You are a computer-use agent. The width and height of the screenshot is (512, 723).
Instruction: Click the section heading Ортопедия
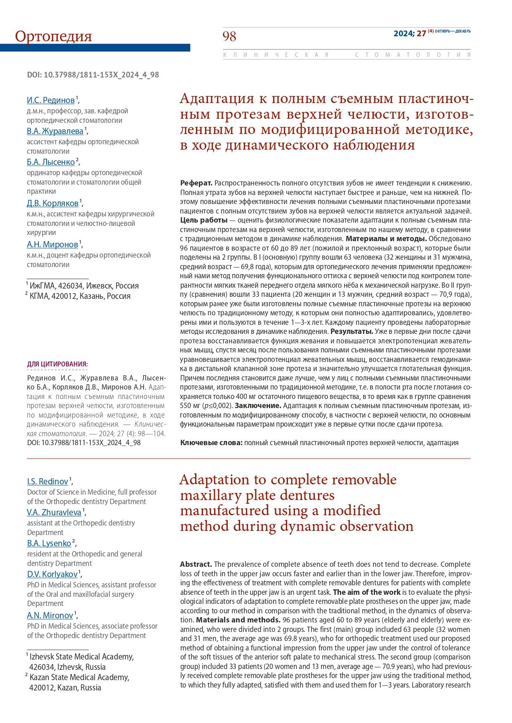[x=53, y=36]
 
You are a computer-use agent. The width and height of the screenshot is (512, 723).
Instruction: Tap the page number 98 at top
[x=229, y=37]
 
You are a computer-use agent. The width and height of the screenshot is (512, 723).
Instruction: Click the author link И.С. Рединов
[x=51, y=100]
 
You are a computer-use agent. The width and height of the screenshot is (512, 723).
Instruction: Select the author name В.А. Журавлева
[x=55, y=131]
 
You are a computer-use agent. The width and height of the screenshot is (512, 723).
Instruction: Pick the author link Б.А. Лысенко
[x=51, y=162]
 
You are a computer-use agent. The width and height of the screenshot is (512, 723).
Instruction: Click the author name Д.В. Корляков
[x=52, y=203]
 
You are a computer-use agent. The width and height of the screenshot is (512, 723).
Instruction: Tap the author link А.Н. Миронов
[x=52, y=244]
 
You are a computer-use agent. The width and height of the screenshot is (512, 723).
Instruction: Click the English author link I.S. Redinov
[x=47, y=481]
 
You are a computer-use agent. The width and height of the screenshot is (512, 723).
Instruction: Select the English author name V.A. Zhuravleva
[x=54, y=512]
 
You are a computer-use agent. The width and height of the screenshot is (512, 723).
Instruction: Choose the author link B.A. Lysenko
[x=49, y=543]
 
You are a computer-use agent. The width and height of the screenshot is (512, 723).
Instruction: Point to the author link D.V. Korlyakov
[x=52, y=574]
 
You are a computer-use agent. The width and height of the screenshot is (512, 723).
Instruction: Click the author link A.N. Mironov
[x=50, y=615]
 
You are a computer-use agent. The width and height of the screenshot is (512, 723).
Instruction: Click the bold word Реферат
[x=196, y=183]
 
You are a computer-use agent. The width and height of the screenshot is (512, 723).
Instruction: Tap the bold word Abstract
[x=196, y=564]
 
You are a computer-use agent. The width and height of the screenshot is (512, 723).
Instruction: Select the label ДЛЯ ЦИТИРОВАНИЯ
[x=57, y=364]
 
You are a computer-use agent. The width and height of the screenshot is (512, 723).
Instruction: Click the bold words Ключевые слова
[x=211, y=443]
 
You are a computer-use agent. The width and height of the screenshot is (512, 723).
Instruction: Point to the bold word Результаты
[x=352, y=332]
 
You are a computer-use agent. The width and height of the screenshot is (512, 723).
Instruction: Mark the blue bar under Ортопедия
[x=95, y=48]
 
